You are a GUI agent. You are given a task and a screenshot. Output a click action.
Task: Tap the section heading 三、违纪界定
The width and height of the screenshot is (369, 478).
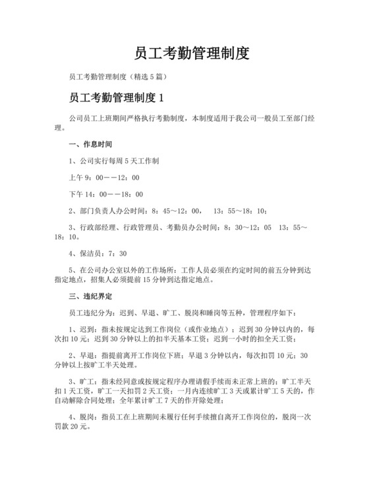tap(90, 295)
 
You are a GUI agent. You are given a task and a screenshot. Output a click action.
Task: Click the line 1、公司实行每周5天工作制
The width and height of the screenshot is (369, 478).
tap(113, 160)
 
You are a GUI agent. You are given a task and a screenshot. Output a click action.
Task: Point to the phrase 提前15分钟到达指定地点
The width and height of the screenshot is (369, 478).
tap(183, 278)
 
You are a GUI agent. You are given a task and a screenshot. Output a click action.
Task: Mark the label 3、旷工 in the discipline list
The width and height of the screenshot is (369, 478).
tap(81, 380)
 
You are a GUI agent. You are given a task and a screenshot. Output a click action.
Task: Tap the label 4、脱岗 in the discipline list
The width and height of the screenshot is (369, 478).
tap(81, 417)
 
